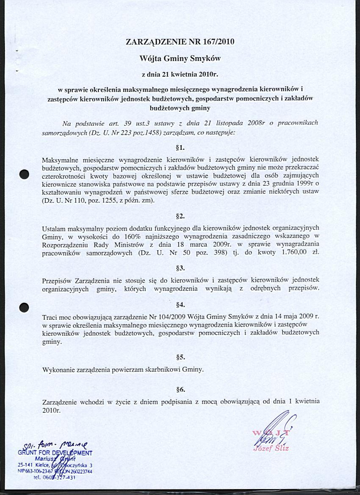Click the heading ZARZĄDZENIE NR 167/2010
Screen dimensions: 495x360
click(180, 42)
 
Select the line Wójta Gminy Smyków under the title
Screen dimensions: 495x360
click(180, 58)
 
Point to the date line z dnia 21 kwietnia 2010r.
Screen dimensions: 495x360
click(180, 75)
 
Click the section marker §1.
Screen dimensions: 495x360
click(180, 148)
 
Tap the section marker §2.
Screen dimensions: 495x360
click(180, 216)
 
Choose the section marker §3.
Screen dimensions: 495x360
click(180, 268)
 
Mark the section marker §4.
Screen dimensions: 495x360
click(180, 305)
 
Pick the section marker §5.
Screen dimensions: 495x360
click(180, 357)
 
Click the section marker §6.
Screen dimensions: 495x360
click(180, 389)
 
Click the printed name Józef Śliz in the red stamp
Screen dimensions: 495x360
click(271, 448)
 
